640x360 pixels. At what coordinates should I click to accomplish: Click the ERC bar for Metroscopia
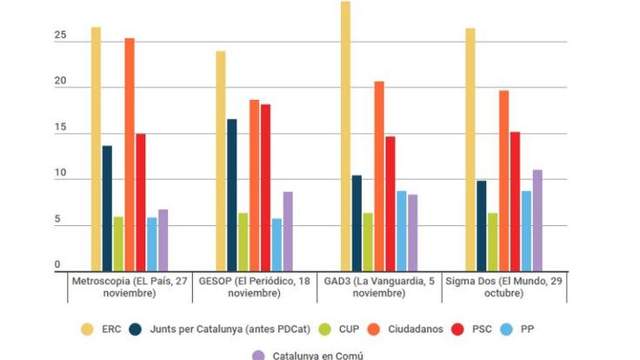tap(96, 148)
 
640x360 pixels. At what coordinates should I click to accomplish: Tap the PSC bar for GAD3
tap(390, 202)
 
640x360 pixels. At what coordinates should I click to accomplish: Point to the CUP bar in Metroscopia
tap(118, 243)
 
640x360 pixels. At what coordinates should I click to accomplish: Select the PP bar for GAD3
tap(402, 230)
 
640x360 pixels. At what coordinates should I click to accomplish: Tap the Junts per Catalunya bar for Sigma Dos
tap(482, 225)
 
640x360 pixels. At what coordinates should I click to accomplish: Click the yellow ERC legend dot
tap(86, 330)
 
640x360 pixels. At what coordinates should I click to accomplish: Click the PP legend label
tap(528, 330)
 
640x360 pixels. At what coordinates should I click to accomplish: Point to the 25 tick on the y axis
tap(59, 36)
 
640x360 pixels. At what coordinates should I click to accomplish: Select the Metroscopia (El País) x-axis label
tap(129, 287)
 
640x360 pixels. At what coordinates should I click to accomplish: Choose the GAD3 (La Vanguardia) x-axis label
tap(378, 287)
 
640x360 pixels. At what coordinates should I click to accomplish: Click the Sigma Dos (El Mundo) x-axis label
tap(504, 287)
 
